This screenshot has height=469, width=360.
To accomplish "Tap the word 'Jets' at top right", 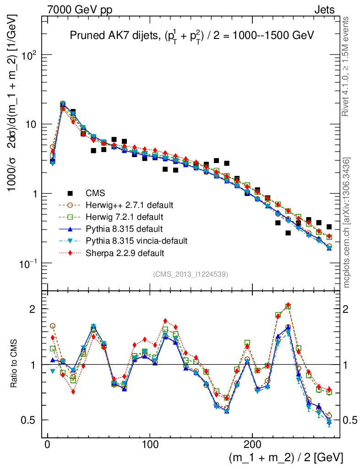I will tap(324, 10).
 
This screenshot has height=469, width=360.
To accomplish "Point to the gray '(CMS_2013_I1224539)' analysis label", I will tap(191, 274).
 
